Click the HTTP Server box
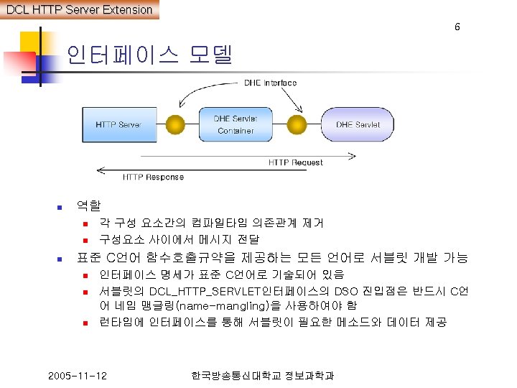[x=118, y=124]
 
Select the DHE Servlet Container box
[x=235, y=124]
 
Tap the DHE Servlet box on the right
[x=358, y=124]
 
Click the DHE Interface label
[x=270, y=83]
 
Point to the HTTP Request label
[x=295, y=162]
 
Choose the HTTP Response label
[x=153, y=177]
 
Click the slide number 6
[x=457, y=27]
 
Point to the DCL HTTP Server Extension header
[x=79, y=9]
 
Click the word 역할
[x=88, y=207]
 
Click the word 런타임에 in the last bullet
[x=121, y=322]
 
